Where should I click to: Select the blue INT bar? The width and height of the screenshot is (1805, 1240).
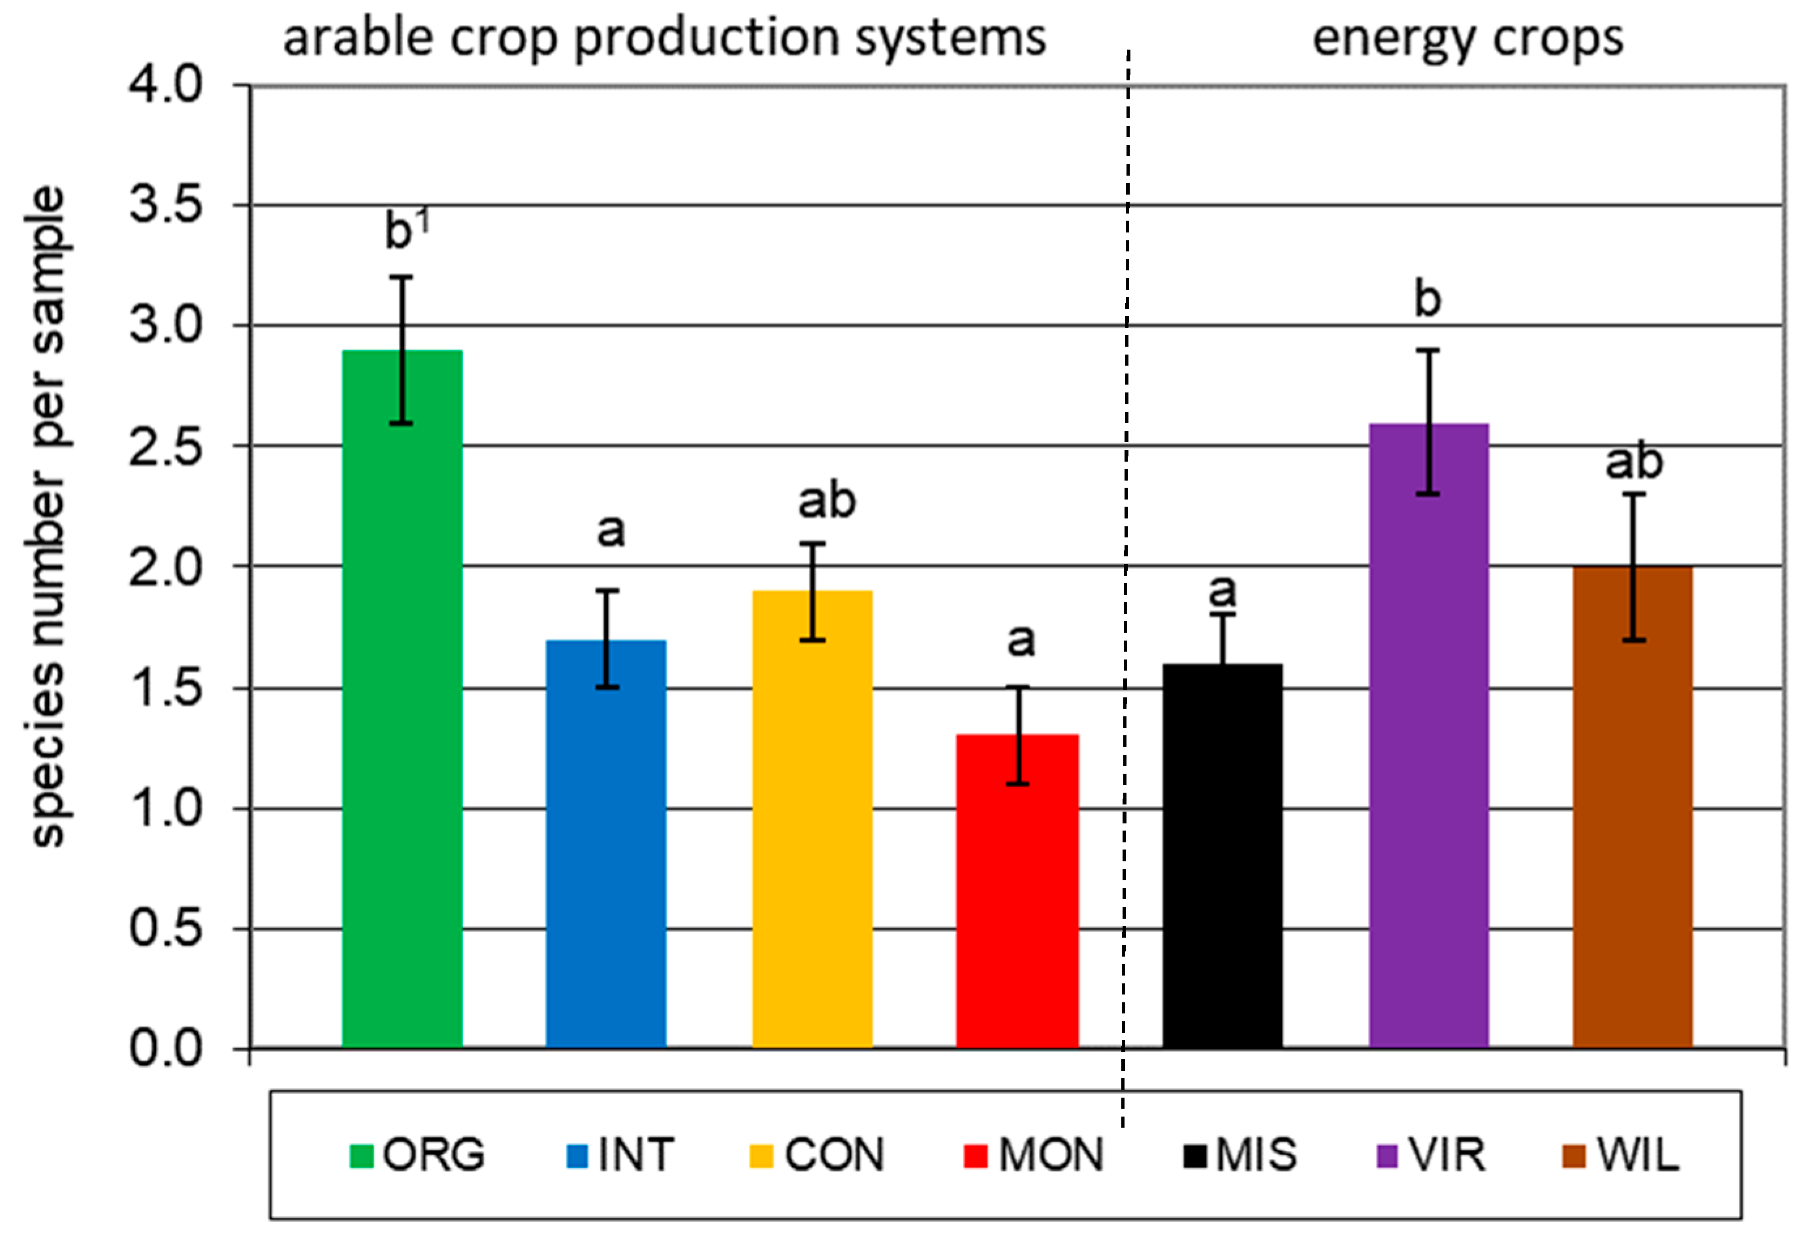point(606,855)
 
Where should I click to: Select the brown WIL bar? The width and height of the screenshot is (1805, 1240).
point(1633,816)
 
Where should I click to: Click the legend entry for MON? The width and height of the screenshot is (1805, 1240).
point(1033,1155)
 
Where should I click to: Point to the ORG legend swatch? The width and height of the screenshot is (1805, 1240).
point(362,1156)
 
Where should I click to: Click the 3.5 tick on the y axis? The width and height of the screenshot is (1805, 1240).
point(165,205)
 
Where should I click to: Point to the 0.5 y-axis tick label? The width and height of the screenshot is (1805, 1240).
point(165,929)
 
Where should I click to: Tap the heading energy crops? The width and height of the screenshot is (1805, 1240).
point(1467,37)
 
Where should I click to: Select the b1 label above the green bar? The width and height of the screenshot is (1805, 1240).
point(406,230)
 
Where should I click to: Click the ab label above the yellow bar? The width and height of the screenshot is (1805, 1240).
point(827,501)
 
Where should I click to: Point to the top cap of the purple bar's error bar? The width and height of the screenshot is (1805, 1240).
point(1428,351)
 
